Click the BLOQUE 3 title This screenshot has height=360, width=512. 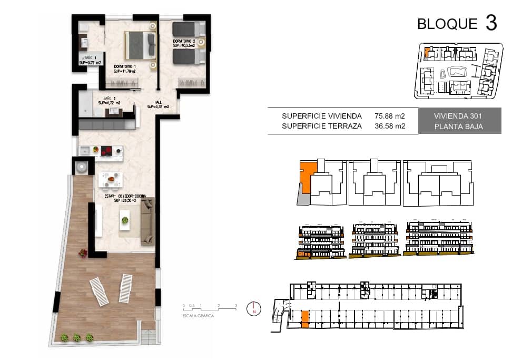pyautogui.click(x=456, y=24)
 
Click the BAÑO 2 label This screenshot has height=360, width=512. pyautogui.click(x=109, y=101)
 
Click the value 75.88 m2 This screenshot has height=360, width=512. pyautogui.click(x=389, y=116)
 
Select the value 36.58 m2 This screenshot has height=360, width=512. pyautogui.click(x=389, y=126)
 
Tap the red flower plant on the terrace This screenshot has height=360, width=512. pyautogui.click(x=83, y=254)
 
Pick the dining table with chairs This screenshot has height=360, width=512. pyautogui.click(x=111, y=180)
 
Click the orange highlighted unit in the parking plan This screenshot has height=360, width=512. pyautogui.click(x=304, y=319)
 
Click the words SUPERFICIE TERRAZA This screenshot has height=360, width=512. pyautogui.click(x=321, y=126)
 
